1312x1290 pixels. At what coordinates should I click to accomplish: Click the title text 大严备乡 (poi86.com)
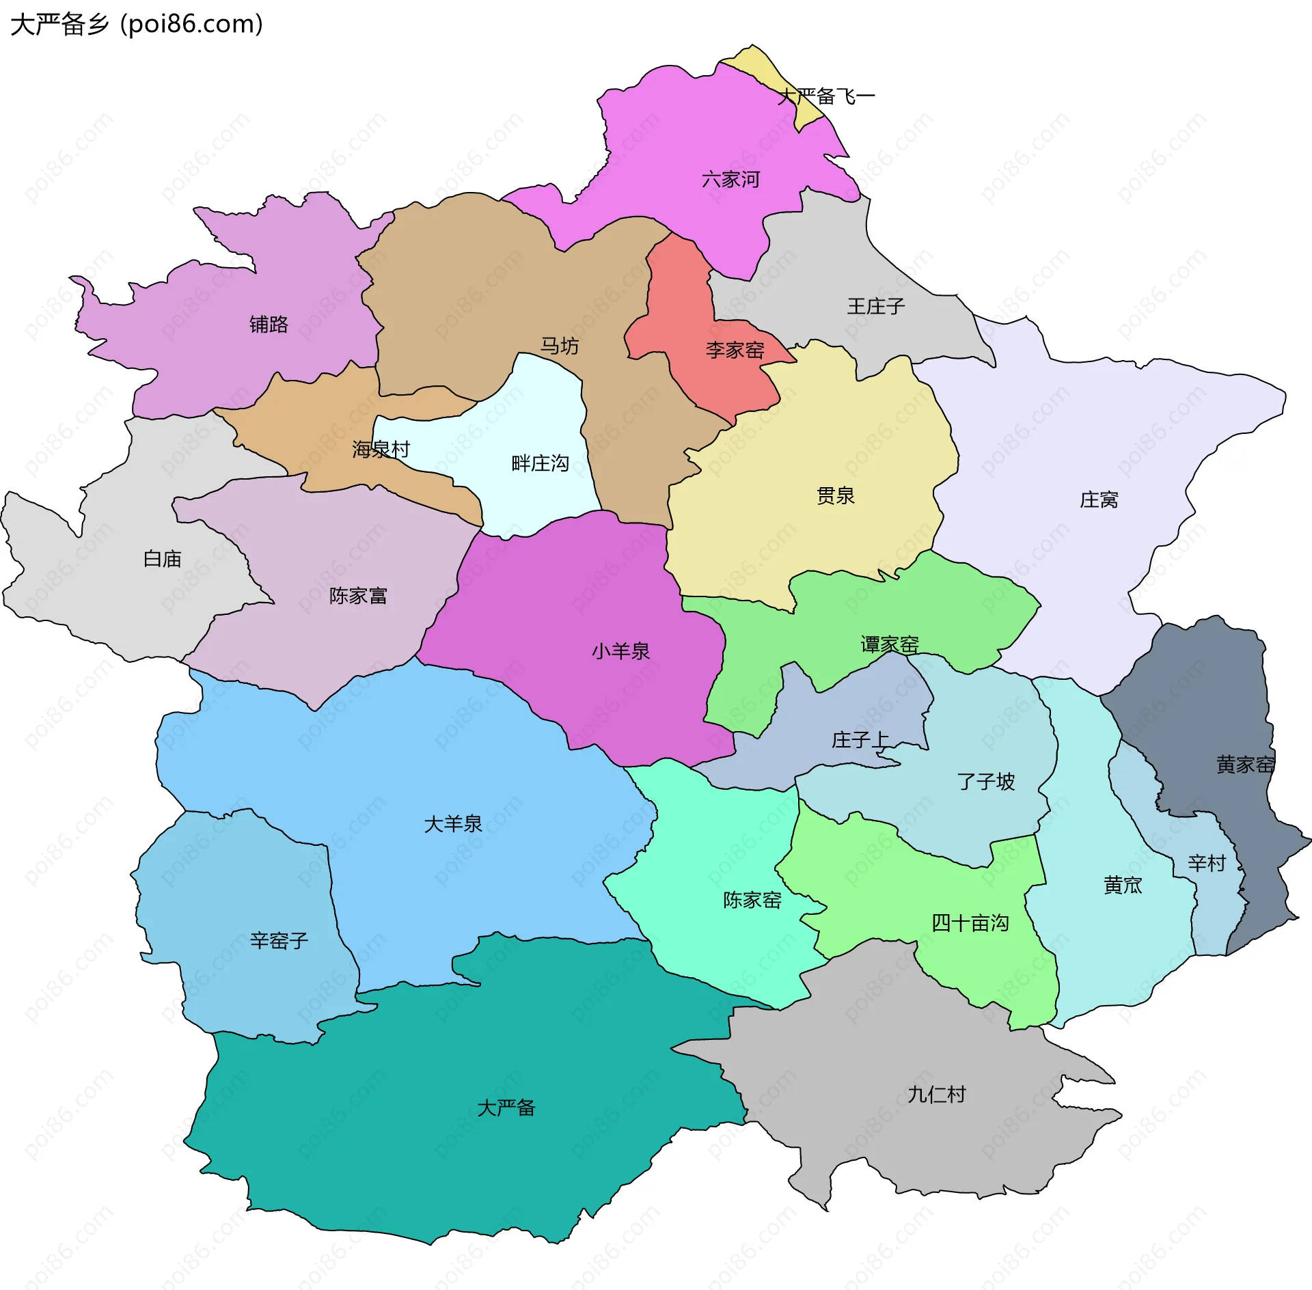coord(137,25)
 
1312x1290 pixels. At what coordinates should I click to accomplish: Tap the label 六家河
coord(730,180)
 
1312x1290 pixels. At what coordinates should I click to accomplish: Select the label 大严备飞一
coord(826,96)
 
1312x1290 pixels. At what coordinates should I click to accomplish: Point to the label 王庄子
coord(875,306)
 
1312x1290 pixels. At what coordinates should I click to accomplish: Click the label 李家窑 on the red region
coord(735,351)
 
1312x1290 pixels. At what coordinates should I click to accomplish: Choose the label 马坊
coord(559,346)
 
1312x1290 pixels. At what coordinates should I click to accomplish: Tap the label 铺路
coord(269,324)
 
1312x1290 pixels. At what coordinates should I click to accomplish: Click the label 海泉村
coord(381,450)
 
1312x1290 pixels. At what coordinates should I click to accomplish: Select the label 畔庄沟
coord(540,464)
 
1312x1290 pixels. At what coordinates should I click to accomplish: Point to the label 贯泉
coord(835,496)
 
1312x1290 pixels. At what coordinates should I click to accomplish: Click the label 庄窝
coord(1098,500)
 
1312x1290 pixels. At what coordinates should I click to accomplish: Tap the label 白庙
coord(162,559)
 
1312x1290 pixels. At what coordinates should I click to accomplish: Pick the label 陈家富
coord(358,596)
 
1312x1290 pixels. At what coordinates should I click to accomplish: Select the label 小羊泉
coord(620,651)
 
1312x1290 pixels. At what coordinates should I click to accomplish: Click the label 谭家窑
coord(889,644)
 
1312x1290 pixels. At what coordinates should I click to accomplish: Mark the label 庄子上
coord(860,740)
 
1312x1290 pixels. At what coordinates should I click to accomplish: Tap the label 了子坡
coord(985,782)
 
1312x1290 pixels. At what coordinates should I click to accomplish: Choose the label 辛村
coord(1206,864)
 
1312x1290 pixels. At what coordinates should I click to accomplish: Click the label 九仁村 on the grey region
coord(936,1095)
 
